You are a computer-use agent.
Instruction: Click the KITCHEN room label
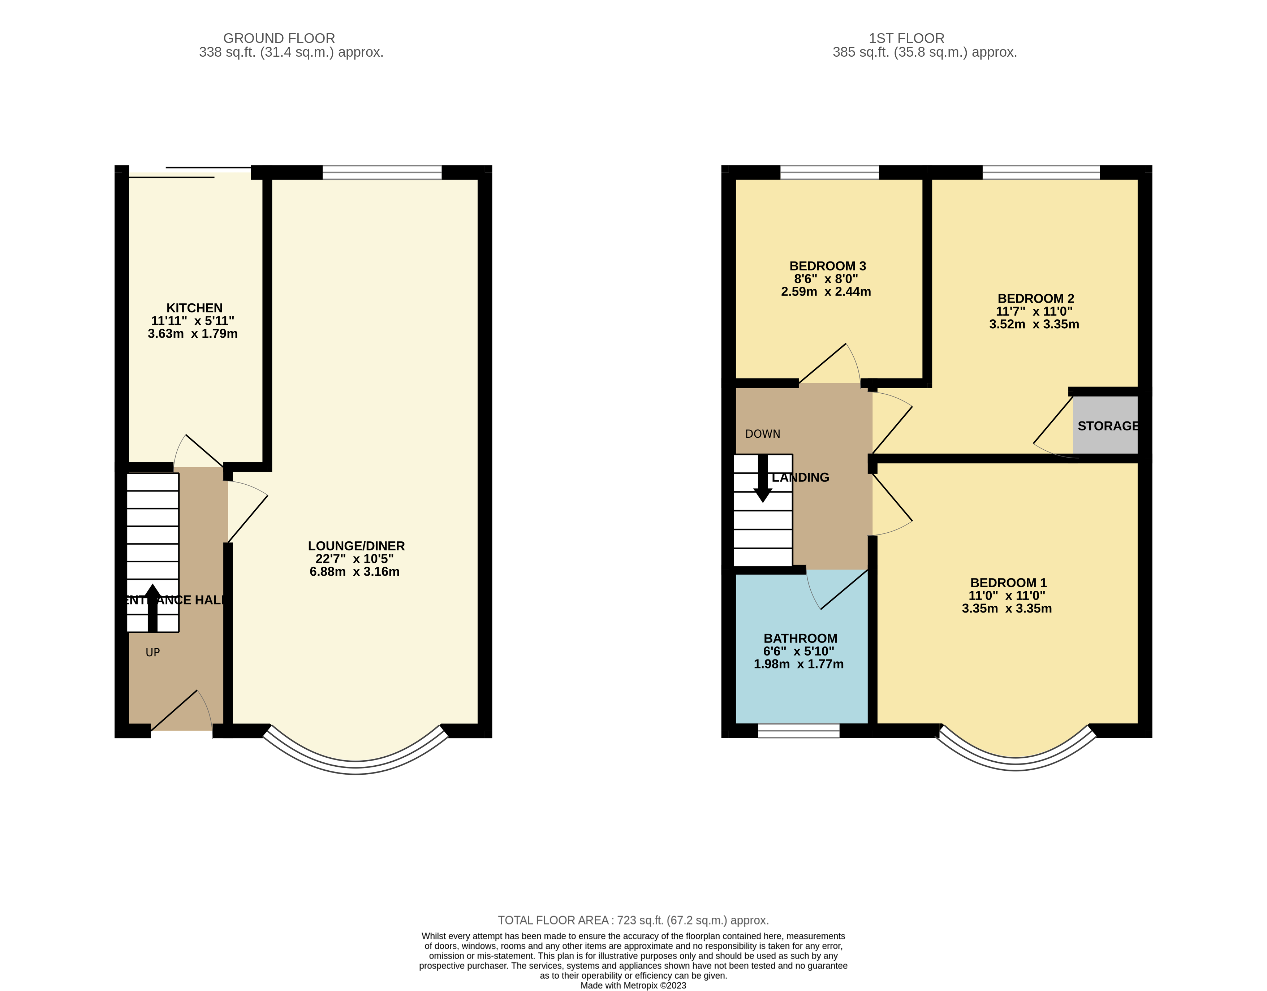coord(194,308)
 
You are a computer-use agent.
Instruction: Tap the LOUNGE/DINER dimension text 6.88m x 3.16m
coord(355,571)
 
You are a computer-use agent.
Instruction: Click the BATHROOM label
coord(800,638)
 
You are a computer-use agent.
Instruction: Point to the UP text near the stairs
coord(153,652)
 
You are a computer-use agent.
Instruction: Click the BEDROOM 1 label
coord(1008,583)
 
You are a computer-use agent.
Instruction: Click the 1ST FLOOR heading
coord(906,38)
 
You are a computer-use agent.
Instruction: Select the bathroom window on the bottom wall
coord(799,731)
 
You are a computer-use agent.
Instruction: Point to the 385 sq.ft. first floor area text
coord(924,52)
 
